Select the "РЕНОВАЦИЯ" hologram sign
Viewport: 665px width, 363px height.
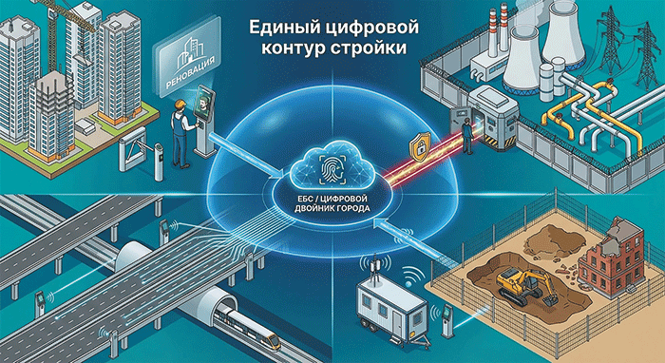coord(185,67)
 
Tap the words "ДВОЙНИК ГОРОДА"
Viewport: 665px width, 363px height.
coord(332,209)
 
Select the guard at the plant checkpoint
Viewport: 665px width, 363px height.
coord(467,135)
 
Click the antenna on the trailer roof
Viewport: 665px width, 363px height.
coord(374,266)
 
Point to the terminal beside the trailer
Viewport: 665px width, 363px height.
coord(447,319)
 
